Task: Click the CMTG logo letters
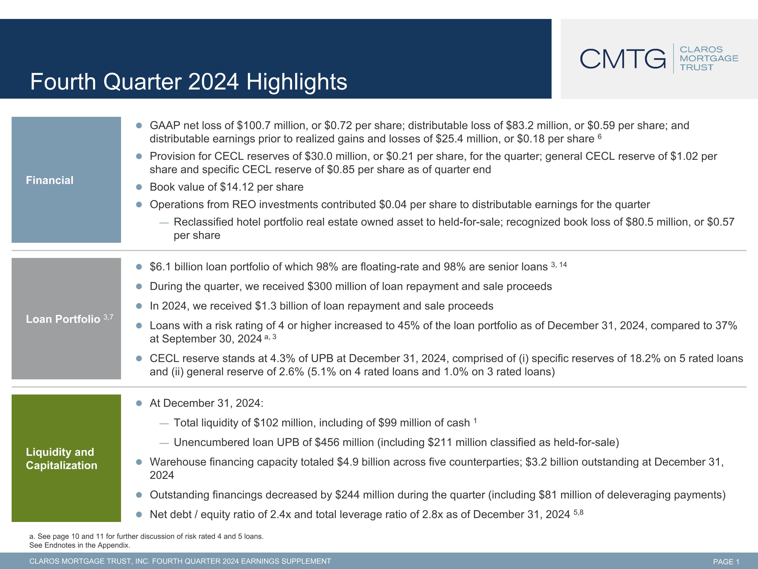[623, 59]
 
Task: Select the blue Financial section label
[66, 180]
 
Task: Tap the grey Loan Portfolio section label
[66, 319]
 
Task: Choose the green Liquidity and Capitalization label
[66, 458]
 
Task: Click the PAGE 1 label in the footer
[726, 561]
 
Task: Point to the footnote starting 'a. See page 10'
[146, 536]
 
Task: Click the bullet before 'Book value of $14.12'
[139, 187]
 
